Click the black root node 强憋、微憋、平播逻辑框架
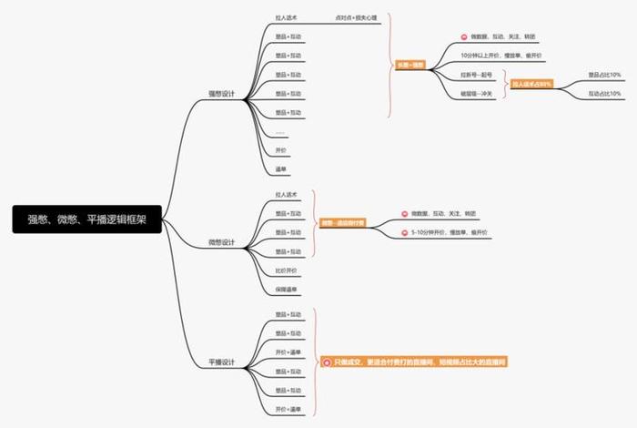coord(87,219)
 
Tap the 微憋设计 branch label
coord(221,242)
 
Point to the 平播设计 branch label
coord(221,362)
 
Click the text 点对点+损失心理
coord(357,17)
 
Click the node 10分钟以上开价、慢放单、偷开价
coord(501,56)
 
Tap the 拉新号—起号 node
coord(476,75)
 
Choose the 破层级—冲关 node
coord(477,94)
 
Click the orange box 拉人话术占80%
coord(531,84)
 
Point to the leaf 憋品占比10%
coord(604,75)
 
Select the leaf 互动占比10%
coord(604,94)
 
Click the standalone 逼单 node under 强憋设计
coord(281,169)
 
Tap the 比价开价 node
coord(286,270)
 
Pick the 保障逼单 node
coord(286,290)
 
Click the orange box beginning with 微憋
coord(342,223)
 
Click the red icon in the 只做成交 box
coord(327,362)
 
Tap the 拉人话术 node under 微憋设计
coord(287,195)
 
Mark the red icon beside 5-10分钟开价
coord(403,233)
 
